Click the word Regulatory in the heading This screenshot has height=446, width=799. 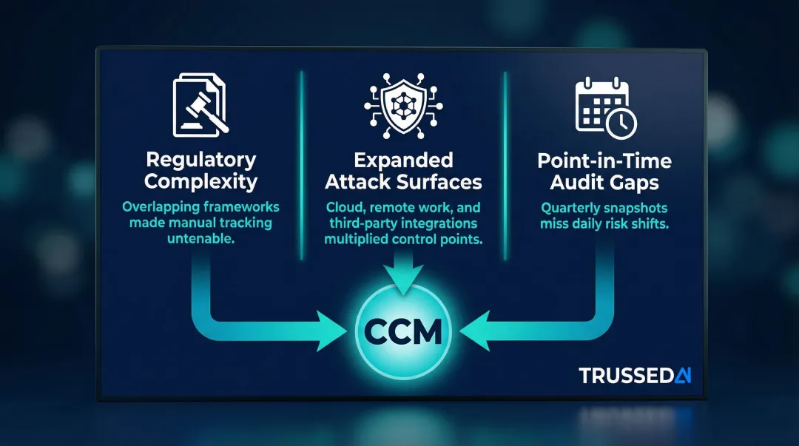201,159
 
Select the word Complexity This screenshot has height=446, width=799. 201,180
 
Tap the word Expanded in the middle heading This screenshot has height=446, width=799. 403,160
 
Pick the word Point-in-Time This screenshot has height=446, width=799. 605,161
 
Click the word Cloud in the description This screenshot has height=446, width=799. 343,207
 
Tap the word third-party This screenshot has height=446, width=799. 362,223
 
